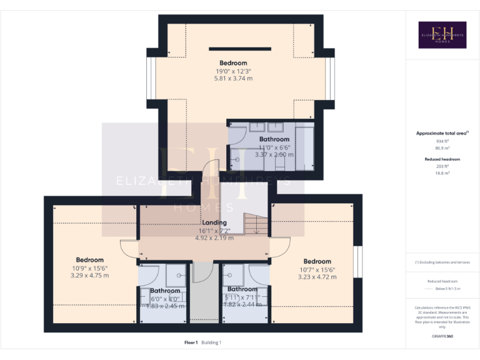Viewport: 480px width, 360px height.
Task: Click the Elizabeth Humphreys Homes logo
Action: pos(442,35)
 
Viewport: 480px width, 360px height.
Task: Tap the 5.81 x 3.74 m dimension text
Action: pos(233,79)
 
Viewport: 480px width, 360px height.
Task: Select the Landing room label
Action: pos(214,223)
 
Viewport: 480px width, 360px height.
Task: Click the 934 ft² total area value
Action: pos(442,142)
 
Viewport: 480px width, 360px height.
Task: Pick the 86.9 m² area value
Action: pos(442,149)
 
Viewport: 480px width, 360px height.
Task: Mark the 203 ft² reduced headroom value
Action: pos(442,166)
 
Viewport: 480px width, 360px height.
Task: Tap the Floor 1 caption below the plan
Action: pos(191,342)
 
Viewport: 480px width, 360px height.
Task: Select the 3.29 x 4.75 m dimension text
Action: pos(89,275)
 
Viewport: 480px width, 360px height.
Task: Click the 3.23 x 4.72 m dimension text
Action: pos(317,276)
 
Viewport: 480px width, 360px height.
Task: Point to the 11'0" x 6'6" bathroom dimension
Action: pos(274,147)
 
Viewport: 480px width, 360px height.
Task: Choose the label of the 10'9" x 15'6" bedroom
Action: pos(89,260)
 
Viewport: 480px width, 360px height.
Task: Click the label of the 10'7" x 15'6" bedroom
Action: pos(317,261)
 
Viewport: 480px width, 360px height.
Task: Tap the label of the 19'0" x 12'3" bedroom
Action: pos(233,63)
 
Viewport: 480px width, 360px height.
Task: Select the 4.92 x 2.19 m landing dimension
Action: pos(214,238)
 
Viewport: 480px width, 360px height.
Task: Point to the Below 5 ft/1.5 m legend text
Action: pos(447,289)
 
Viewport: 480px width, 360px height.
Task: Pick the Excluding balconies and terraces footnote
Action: pos(442,262)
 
